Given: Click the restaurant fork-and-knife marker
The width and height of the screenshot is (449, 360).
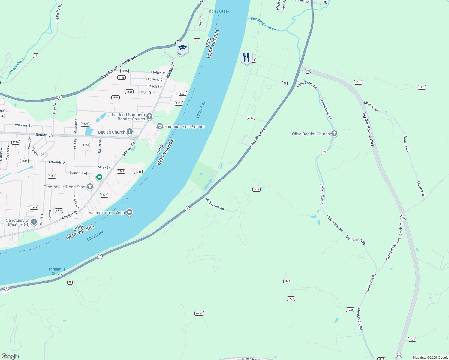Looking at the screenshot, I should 246,57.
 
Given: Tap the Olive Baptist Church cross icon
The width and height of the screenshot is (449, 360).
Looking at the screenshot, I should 334,133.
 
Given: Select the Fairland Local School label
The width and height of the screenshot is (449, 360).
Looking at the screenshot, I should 184,127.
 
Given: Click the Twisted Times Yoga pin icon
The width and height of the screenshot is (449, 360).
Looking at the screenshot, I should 129,212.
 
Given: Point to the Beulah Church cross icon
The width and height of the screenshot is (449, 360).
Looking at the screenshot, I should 129,131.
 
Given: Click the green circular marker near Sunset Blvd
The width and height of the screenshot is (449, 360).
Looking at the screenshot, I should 99,177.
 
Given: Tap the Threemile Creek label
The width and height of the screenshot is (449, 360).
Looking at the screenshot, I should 57,271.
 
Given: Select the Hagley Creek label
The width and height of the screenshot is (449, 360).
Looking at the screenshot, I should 218,11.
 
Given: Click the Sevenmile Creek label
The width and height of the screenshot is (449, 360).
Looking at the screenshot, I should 263,23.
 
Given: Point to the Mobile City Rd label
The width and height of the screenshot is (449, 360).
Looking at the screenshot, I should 215,204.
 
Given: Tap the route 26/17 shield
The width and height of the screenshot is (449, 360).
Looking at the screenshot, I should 199,313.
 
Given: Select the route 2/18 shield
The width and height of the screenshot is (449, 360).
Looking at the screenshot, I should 256,189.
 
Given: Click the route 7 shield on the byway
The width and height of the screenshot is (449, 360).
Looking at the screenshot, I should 60,97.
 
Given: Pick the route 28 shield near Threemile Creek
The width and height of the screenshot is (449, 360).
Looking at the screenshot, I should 70,282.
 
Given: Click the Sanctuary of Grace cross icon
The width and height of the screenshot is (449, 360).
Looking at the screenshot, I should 34,222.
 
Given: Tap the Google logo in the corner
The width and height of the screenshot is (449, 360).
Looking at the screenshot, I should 10,356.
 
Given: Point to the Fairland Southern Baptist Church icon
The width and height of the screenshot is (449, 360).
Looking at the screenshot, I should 149,116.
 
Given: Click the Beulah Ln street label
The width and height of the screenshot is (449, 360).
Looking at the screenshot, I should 44,135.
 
